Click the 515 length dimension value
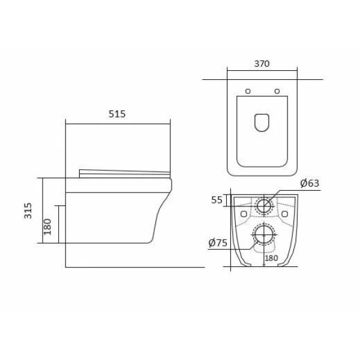[117, 114]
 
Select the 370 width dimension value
[262, 64]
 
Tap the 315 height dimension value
[28, 211]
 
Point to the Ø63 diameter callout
[310, 183]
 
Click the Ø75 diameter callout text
[218, 242]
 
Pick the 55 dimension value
[217, 200]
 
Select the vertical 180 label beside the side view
[47, 227]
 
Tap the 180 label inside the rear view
[271, 258]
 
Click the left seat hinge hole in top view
[248, 91]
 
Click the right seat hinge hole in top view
[277, 91]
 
